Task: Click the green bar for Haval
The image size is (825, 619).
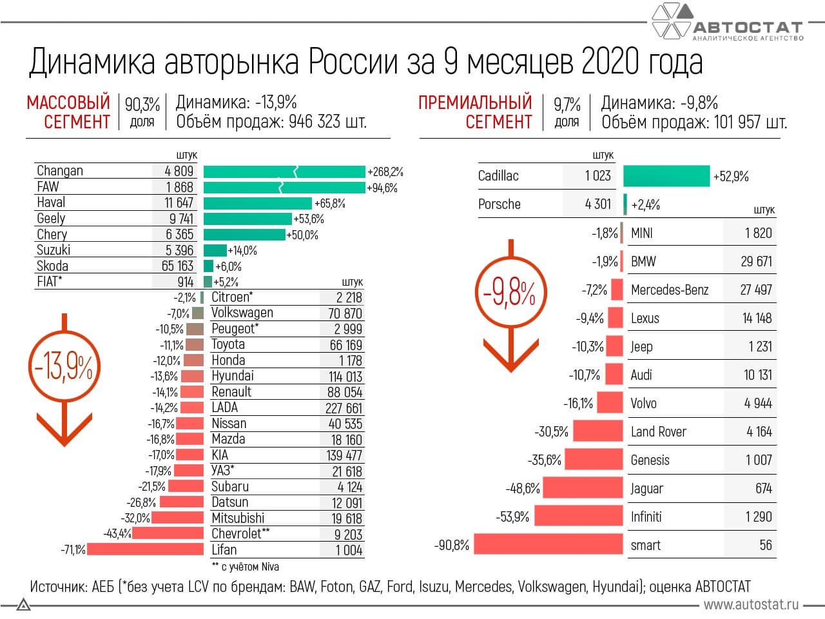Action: pos(257,203)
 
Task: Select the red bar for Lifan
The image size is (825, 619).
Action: pos(145,550)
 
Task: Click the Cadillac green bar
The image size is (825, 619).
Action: pos(666,176)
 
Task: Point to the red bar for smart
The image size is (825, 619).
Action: pos(548,545)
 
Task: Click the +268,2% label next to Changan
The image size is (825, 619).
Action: pos(385,172)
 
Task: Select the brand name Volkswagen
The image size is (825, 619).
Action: pos(242,313)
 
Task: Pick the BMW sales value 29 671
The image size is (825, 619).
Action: pos(755,261)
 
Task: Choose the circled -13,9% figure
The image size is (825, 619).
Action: pos(64,368)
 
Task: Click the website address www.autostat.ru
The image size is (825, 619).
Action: pos(751,604)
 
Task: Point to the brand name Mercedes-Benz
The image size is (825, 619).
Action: pos(669,290)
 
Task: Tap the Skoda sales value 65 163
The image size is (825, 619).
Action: pos(177,266)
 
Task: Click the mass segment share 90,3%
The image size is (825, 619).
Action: pos(142,104)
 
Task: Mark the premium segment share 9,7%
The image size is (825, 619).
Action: pos(567,104)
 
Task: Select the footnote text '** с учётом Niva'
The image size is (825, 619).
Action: pos(245,567)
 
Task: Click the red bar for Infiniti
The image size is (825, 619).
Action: pos(579,516)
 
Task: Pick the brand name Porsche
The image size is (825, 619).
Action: pos(499,204)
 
